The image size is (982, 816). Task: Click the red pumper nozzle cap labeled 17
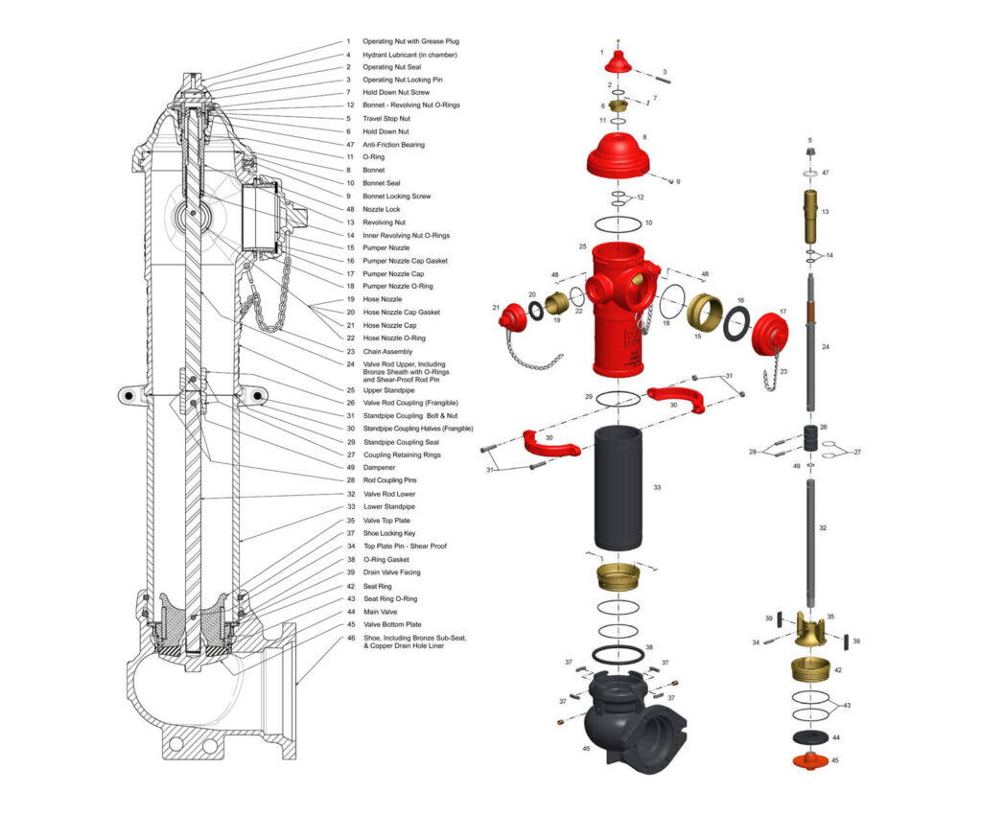point(769,334)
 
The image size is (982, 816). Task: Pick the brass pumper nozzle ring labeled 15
point(705,312)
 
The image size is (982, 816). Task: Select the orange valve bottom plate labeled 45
point(810,759)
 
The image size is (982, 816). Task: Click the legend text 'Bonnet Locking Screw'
point(396,197)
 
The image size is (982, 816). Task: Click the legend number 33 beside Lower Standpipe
point(351,506)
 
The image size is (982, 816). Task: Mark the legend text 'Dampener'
point(379,468)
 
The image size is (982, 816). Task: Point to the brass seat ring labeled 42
point(810,669)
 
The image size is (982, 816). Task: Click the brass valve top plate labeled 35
point(810,628)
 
